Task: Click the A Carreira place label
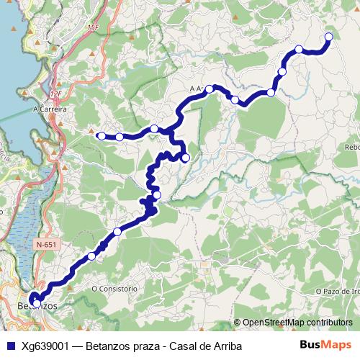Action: (x=50, y=109)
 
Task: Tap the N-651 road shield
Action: (x=45, y=245)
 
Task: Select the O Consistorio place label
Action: (x=114, y=289)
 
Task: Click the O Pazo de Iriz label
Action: (x=337, y=291)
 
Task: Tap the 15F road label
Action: (x=92, y=27)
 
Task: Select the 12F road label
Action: (x=57, y=94)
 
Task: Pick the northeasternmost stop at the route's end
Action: (x=328, y=37)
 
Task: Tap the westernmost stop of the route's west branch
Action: (x=102, y=135)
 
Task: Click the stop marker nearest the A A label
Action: (x=210, y=89)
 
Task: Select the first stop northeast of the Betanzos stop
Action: (x=91, y=256)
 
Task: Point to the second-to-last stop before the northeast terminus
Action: (x=282, y=72)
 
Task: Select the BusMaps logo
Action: (x=325, y=346)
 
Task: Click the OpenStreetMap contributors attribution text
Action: (x=297, y=323)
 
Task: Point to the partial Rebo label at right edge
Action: (x=351, y=147)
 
